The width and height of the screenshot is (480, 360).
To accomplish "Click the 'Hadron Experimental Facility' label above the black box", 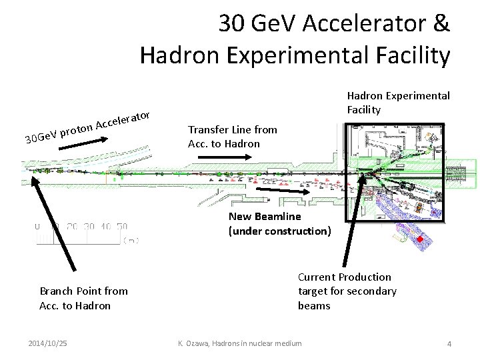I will tap(398, 102).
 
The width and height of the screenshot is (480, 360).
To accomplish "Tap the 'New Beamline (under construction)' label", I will tap(279, 224).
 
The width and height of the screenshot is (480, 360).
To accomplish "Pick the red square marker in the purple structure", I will tap(420, 238).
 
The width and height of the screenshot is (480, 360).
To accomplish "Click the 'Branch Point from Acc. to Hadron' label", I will tap(83, 298).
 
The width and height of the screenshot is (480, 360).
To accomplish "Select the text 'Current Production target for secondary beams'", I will tap(347, 291).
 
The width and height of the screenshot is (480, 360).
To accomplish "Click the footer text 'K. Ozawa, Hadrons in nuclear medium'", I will tap(239, 343).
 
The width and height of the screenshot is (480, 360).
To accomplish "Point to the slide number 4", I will tap(449, 343).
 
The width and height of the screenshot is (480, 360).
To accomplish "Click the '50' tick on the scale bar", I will tap(121, 227).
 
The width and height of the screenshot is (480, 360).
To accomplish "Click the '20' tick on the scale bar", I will tap(73, 227).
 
